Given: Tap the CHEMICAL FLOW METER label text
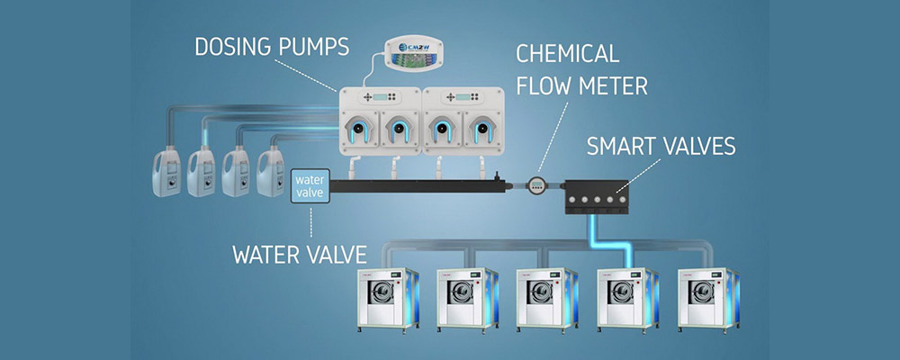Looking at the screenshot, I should click(x=580, y=68).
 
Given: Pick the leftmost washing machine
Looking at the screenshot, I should click(x=385, y=296).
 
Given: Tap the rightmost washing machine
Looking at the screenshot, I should click(x=706, y=296).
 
